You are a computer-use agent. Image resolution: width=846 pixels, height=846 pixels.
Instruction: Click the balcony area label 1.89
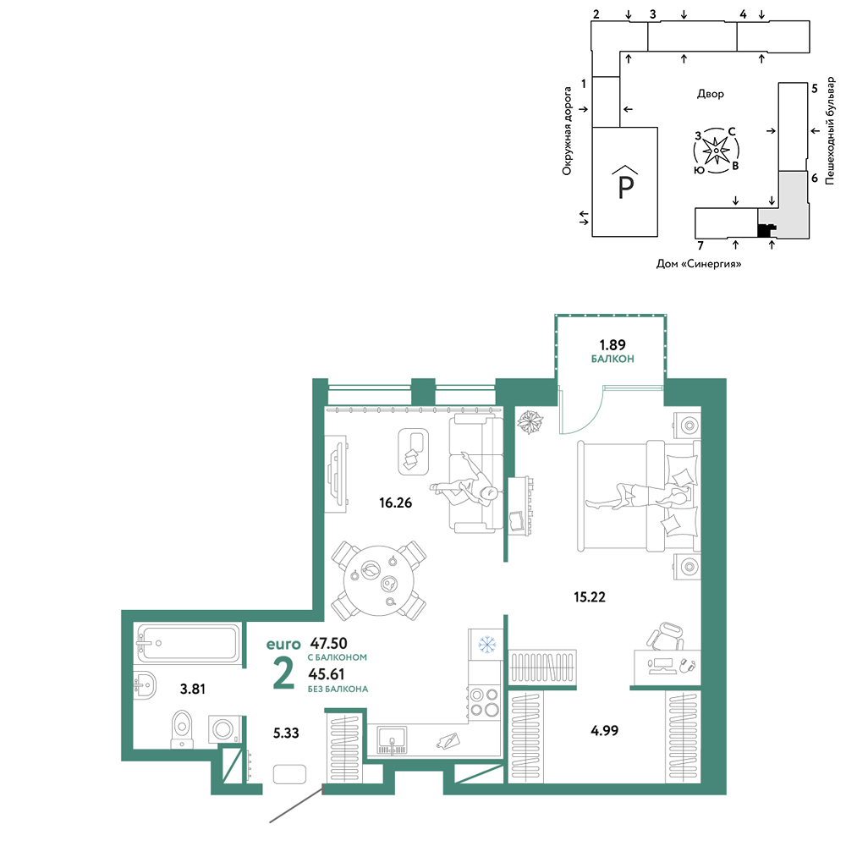613,345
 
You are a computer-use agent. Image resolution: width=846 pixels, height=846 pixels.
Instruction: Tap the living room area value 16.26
395,503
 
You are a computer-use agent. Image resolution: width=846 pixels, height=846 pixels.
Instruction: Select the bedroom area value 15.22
589,596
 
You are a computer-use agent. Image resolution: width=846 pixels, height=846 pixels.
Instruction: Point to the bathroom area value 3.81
193,689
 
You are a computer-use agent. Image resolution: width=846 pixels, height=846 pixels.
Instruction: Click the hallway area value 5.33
286,733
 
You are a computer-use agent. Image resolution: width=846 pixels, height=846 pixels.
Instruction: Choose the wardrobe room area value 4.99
604,731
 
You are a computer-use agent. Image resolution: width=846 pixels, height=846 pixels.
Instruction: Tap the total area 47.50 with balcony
328,643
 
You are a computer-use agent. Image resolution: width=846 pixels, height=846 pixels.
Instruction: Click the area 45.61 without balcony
327,674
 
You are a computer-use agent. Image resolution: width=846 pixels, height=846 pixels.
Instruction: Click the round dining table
379,580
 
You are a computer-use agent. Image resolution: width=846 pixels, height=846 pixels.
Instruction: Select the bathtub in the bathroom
189,643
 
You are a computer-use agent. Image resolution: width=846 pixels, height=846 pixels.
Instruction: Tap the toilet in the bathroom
182,729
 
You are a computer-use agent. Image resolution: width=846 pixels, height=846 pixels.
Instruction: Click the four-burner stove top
484,701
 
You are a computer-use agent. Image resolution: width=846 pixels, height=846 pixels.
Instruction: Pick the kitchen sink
393,740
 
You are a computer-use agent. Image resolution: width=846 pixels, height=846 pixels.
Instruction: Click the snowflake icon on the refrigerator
487,644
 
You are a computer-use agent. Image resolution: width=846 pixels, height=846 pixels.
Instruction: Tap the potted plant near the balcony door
530,422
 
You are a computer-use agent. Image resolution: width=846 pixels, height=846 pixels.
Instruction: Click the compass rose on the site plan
716,151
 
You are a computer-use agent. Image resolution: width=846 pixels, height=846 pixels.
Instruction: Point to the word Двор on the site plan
711,94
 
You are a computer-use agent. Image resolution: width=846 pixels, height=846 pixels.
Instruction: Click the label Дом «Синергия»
699,264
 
